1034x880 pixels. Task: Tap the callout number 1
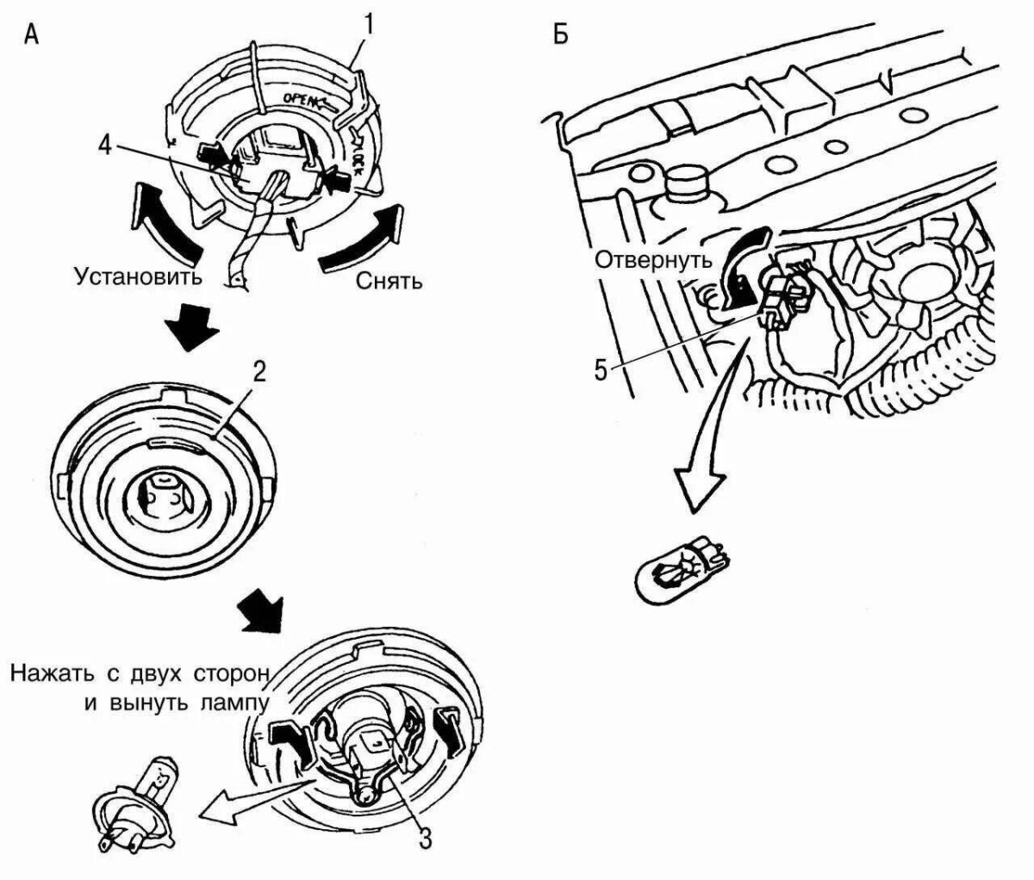point(367,23)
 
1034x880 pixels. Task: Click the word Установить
point(138,277)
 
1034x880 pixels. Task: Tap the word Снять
point(389,281)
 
